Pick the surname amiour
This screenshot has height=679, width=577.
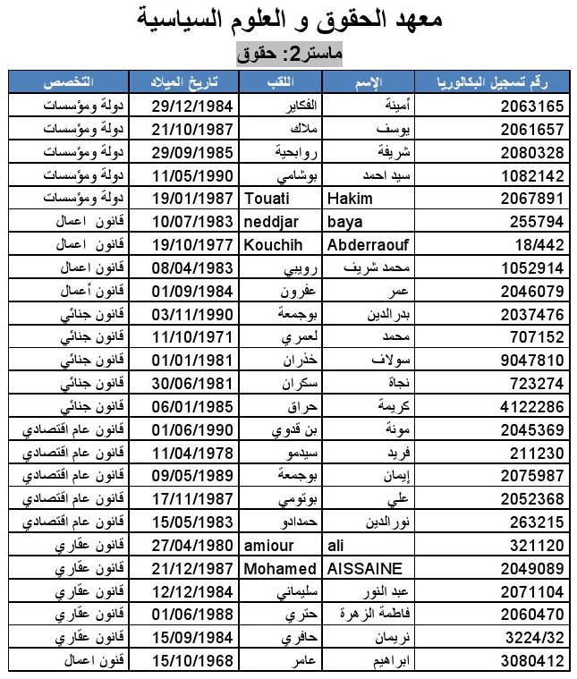pyautogui.click(x=267, y=546)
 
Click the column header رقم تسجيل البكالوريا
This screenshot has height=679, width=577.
pyautogui.click(x=496, y=82)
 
